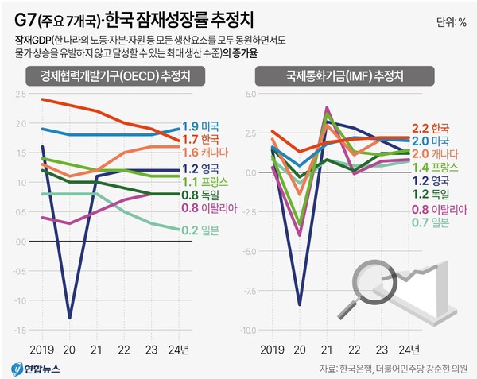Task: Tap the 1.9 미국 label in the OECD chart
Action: coord(201,126)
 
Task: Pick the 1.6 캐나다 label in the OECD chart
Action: coord(204,153)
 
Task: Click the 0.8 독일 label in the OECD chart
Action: coord(201,194)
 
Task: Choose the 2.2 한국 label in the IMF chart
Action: coord(431,127)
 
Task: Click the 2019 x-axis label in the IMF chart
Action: coord(273,350)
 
